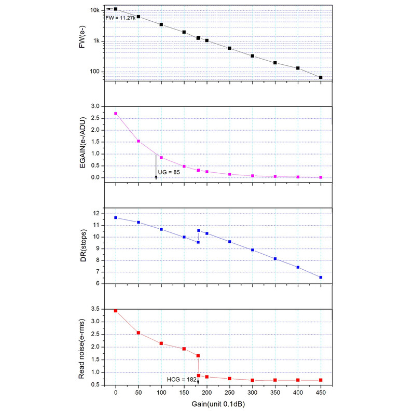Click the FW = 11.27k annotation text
pyautogui.click(x=121, y=18)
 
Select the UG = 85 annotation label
pyautogui.click(x=169, y=172)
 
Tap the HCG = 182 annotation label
pyautogui.click(x=182, y=380)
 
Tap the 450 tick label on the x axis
pyautogui.click(x=321, y=393)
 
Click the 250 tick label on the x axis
pyautogui.click(x=230, y=393)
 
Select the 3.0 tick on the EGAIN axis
pyautogui.click(x=95, y=106)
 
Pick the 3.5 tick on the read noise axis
pyautogui.click(x=95, y=309)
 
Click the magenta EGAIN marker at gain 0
pyautogui.click(x=116, y=114)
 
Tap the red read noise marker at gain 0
pyautogui.click(x=116, y=311)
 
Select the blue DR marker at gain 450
pyautogui.click(x=321, y=278)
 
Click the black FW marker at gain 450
pyautogui.click(x=321, y=77)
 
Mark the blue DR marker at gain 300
pyautogui.click(x=253, y=250)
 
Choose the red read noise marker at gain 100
pyautogui.click(x=161, y=343)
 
